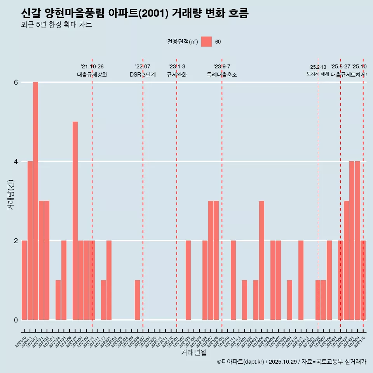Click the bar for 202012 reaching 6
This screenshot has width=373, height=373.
click(35, 201)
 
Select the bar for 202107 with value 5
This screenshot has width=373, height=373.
click(75, 221)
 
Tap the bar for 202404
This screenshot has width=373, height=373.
click(261, 260)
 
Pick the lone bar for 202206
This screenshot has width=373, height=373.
click(137, 300)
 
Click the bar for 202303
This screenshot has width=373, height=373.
click(188, 280)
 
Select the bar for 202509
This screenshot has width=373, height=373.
click(357, 241)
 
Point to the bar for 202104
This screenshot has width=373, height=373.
click(58, 300)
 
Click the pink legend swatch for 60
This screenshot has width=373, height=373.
click(206, 42)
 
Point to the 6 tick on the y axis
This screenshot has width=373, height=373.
click(16, 82)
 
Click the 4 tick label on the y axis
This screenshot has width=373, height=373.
click(16, 161)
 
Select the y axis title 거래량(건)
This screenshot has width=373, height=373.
click(10, 194)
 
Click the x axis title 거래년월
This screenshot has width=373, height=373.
click(193, 352)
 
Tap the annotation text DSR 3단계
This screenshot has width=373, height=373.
click(143, 75)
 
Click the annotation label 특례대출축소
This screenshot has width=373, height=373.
click(221, 75)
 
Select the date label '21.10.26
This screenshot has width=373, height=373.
click(92, 66)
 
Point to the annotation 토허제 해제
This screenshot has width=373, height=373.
click(317, 74)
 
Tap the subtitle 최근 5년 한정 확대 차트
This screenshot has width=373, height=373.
click(56, 25)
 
